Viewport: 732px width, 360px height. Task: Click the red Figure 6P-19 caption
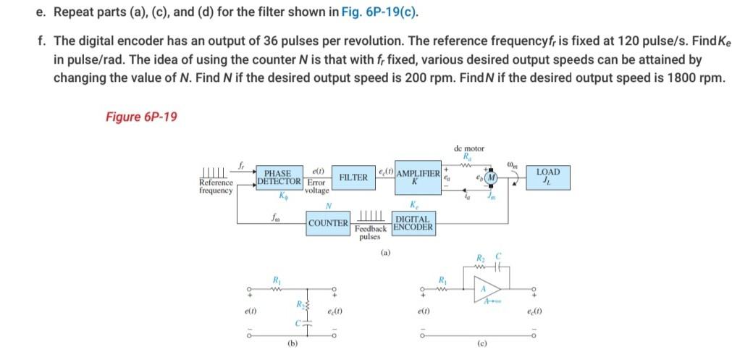(141, 117)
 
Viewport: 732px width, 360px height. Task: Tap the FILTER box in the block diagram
(353, 177)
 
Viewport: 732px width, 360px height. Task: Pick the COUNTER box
(328, 223)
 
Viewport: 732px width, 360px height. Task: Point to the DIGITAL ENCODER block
(413, 222)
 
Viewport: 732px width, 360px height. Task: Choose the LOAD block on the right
(548, 176)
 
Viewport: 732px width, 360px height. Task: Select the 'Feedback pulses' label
(370, 232)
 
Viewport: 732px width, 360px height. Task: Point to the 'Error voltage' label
(316, 187)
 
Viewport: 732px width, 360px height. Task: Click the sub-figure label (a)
(386, 254)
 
